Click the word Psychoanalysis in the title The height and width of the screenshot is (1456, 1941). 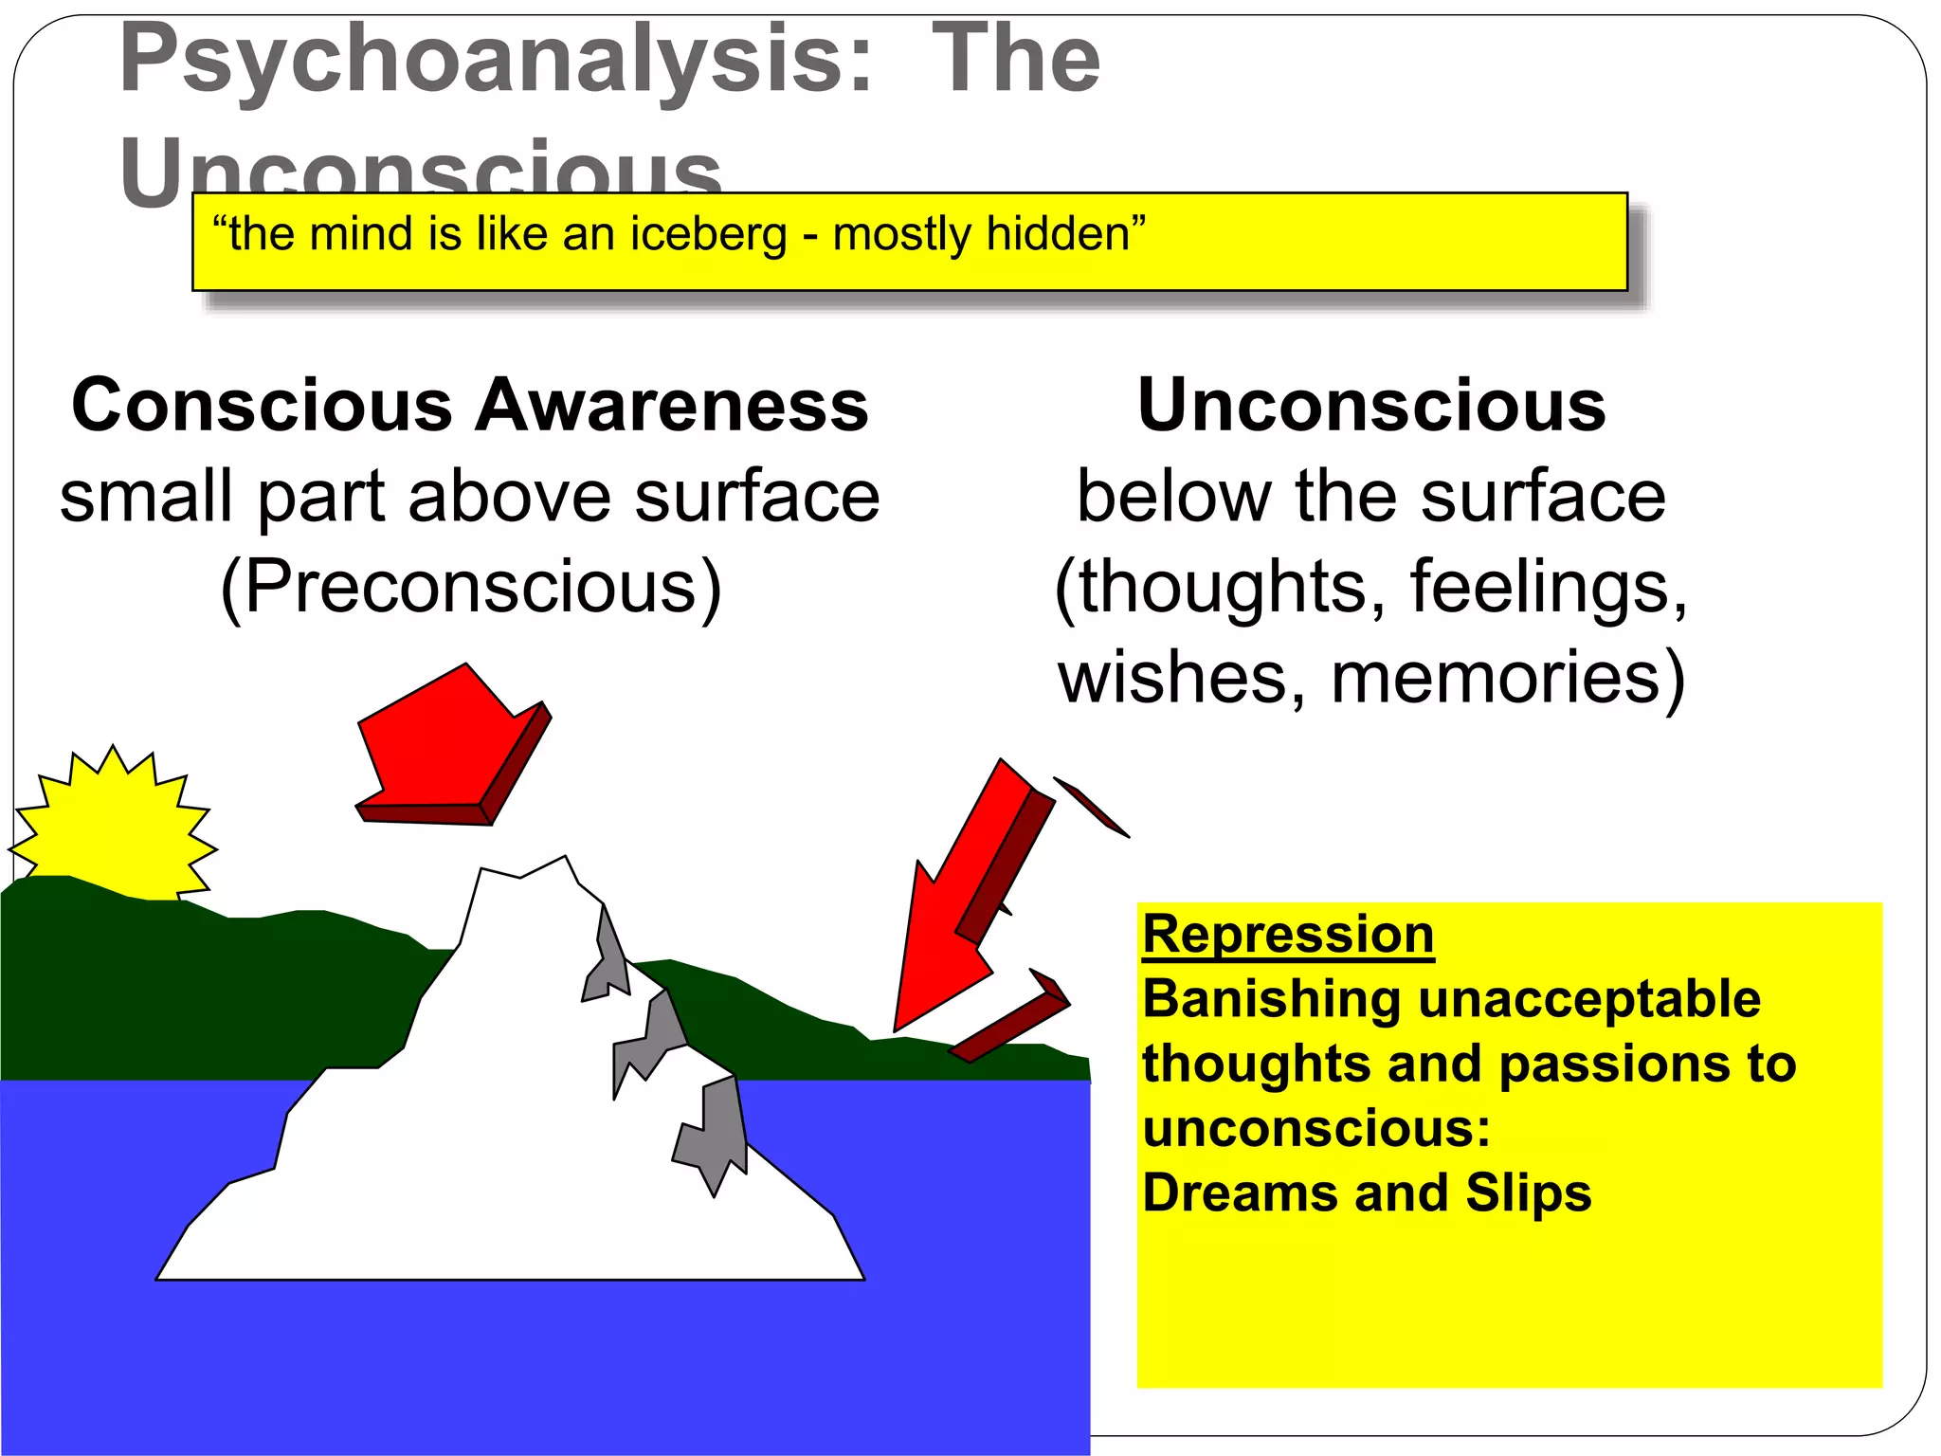click(493, 62)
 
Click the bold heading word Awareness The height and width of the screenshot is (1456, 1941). click(671, 406)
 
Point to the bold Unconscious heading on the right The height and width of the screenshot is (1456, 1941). click(1370, 406)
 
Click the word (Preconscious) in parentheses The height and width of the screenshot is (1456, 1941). click(470, 588)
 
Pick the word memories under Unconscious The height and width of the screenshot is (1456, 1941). click(1508, 678)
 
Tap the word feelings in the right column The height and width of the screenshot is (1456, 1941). click(1549, 588)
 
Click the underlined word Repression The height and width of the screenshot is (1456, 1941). click(1287, 935)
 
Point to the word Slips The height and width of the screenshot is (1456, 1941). click(1528, 1192)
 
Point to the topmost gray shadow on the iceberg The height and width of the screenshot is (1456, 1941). click(607, 957)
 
